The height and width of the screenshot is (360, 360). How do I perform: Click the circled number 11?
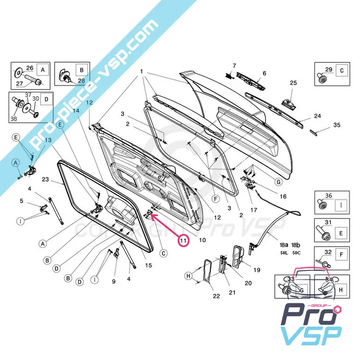coord(183,241)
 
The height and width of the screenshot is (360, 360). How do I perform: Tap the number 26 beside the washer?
coord(30,68)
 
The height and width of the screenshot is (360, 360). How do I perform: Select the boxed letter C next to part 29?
coord(342,71)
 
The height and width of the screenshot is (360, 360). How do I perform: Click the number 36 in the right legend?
coord(328,196)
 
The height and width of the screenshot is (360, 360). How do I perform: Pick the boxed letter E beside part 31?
coord(341,233)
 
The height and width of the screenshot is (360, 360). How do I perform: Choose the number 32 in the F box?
coord(328,252)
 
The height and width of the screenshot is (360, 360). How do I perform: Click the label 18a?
coord(284,244)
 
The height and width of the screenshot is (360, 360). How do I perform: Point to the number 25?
coord(293,83)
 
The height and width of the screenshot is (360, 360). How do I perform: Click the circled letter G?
coord(279,182)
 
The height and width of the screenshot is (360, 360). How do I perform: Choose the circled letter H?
coord(188,275)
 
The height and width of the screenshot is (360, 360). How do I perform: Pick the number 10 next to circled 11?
coord(202,240)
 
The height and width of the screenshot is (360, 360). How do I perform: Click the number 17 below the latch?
coord(254,210)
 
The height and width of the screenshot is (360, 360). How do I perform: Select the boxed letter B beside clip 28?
coord(81,70)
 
